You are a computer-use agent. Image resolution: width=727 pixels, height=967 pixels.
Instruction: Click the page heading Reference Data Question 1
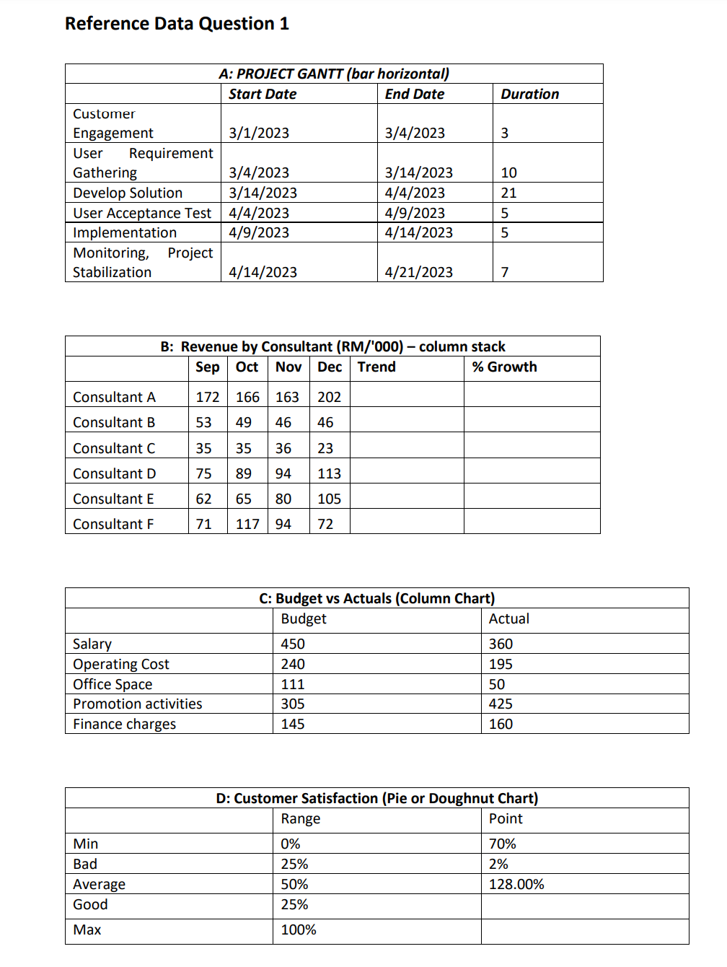tap(177, 24)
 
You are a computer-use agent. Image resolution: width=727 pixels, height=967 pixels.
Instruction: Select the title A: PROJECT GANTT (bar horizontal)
tap(334, 74)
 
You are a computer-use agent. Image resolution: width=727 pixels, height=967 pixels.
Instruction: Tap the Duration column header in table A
tap(529, 94)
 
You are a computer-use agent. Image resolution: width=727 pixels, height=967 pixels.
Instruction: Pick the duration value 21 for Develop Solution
tap(508, 193)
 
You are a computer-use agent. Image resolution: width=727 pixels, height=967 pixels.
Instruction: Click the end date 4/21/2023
tap(418, 272)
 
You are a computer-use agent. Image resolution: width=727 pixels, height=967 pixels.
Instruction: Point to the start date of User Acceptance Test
tap(259, 213)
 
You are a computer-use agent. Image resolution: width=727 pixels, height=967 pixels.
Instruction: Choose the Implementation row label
tap(125, 232)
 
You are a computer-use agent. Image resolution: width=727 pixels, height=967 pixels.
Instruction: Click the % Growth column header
tap(504, 367)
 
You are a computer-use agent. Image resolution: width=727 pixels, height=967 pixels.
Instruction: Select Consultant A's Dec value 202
tap(329, 397)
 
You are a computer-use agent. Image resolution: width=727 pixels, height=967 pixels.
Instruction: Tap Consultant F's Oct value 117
tap(247, 524)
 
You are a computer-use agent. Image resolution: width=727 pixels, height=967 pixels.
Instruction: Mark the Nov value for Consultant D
tap(283, 473)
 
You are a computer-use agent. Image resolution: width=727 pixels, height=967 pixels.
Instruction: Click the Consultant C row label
tap(114, 448)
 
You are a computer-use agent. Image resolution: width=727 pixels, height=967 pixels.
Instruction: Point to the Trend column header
tap(376, 367)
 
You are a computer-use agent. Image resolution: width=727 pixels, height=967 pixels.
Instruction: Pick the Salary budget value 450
tap(293, 644)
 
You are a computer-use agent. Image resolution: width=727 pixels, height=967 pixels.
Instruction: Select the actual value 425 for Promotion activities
tap(501, 704)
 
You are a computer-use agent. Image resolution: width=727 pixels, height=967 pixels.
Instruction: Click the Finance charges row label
tap(124, 724)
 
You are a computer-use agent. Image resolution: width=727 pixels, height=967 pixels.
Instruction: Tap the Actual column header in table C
tap(508, 618)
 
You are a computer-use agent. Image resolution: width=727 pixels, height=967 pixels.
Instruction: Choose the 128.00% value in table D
tap(516, 884)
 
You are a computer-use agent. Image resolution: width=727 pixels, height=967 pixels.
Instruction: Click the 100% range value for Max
tap(299, 929)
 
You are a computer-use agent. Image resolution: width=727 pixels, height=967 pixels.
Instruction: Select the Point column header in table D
tap(506, 818)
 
